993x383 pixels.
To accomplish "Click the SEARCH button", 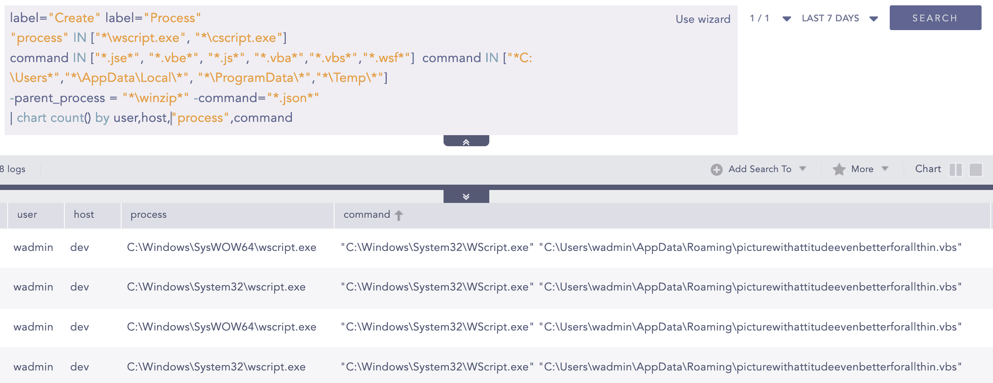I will pyautogui.click(x=935, y=18).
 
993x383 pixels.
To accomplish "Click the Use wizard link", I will pyautogui.click(x=703, y=19).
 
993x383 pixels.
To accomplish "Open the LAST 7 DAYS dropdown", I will pyautogui.click(x=839, y=18).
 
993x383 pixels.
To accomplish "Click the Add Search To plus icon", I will pyautogui.click(x=716, y=169).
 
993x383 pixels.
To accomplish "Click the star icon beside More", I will pyautogui.click(x=839, y=169).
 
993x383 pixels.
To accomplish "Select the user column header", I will pyautogui.click(x=27, y=215).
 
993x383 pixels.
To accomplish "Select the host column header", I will pyautogui.click(x=84, y=215).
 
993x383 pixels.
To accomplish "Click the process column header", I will pyautogui.click(x=148, y=215).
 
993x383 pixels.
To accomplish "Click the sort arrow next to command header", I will pyautogui.click(x=399, y=215).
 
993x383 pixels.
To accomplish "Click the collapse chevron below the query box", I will pyautogui.click(x=466, y=142).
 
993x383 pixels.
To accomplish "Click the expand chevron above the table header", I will pyautogui.click(x=466, y=196).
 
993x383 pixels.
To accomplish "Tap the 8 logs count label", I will pyautogui.click(x=13, y=169).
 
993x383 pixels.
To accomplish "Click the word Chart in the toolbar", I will pyautogui.click(x=927, y=169).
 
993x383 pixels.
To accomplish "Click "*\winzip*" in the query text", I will pyautogui.click(x=155, y=98).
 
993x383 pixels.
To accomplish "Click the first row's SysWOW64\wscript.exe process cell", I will pyautogui.click(x=221, y=247).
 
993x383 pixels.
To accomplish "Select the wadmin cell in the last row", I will pyautogui.click(x=33, y=367).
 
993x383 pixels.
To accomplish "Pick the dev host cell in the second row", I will pyautogui.click(x=79, y=287).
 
